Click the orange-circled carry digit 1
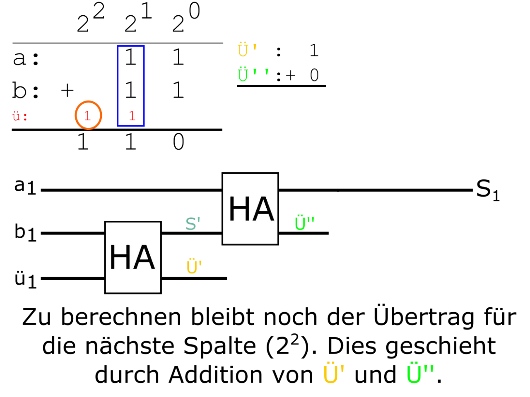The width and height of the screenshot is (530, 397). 87,116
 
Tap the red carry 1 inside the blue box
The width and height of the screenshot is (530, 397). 132,116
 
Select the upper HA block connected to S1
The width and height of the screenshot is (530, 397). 250,209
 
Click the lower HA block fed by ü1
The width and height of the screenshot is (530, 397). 133,257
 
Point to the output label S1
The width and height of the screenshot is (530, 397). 488,190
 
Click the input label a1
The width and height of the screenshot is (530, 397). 25,187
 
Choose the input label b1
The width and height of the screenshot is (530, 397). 25,232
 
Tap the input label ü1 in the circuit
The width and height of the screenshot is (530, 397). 25,280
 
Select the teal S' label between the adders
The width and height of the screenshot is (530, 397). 193,224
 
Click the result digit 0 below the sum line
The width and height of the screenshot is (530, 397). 178,142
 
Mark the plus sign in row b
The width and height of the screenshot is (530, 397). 67,91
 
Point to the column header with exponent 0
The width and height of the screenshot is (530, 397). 186,17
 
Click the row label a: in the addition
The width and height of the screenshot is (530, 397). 26,58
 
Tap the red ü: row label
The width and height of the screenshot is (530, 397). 20,117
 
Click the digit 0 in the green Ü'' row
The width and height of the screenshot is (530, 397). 314,75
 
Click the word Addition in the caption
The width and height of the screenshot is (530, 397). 216,375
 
